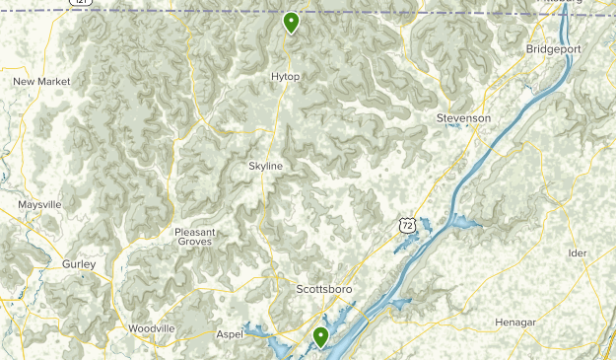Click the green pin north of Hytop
click(291, 22)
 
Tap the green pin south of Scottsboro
click(320, 338)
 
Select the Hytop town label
click(286, 76)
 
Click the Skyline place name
click(265, 166)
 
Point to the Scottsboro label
click(324, 289)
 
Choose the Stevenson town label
click(463, 118)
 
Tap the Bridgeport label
click(553, 48)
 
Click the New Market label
click(42, 81)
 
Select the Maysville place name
click(39, 204)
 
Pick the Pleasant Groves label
click(195, 237)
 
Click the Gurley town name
click(79, 264)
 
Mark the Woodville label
click(151, 328)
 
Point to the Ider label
click(578, 252)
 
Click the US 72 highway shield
click(406, 226)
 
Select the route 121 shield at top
click(83, 3)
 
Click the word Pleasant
click(195, 232)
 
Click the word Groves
click(195, 242)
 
